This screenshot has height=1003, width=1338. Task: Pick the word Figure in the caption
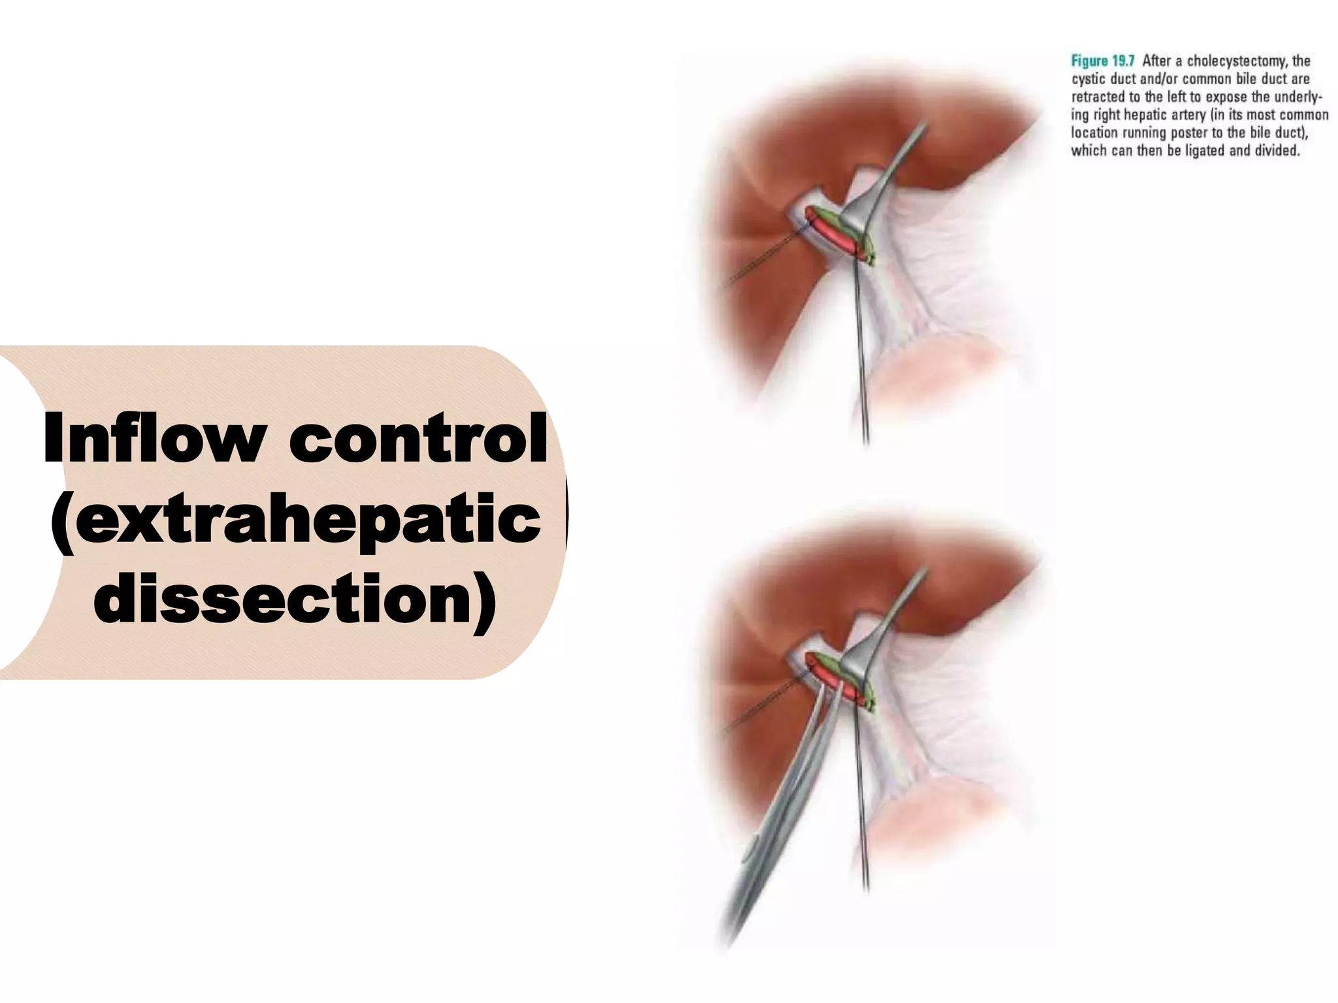coord(1089,61)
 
